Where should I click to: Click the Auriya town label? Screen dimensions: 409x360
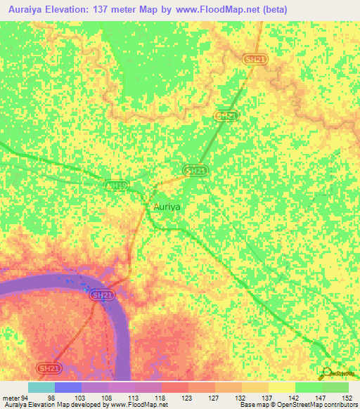coord(168,208)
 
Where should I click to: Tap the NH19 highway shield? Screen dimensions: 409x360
coord(116,186)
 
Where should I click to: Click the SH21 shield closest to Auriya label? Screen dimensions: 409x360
coord(196,171)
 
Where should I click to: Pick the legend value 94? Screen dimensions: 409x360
coord(27,398)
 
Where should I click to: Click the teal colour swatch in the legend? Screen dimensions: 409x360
coord(41,387)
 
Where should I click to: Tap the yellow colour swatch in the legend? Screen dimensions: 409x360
coord(282,387)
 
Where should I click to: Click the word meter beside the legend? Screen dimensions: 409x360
coord(11,398)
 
